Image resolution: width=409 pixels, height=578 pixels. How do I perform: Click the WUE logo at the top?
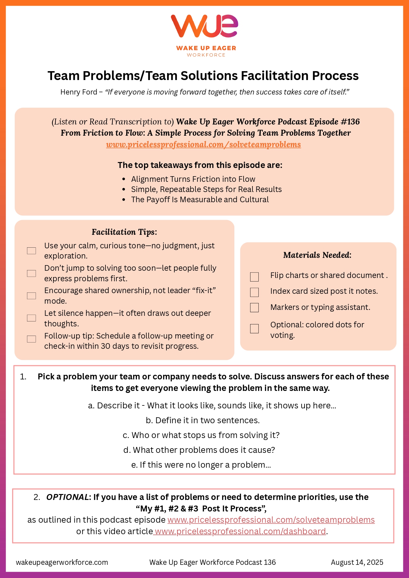click(x=204, y=26)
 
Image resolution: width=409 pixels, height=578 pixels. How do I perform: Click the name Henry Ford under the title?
click(x=79, y=92)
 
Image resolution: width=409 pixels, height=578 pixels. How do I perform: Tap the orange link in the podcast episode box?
click(x=203, y=145)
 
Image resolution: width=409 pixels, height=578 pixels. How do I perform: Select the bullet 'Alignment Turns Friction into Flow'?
click(x=193, y=179)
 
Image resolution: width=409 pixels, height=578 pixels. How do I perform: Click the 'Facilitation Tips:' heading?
click(x=124, y=232)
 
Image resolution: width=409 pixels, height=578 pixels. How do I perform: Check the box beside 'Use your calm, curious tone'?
click(x=32, y=251)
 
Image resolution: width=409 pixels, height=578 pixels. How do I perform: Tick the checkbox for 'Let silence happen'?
click(x=32, y=318)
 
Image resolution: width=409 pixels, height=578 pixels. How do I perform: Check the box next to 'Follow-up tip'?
click(x=32, y=339)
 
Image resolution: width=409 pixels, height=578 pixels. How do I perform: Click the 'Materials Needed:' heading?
click(x=317, y=255)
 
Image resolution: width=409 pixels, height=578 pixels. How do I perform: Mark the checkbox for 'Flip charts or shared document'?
click(x=254, y=277)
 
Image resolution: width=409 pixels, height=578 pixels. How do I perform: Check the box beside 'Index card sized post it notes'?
click(x=254, y=292)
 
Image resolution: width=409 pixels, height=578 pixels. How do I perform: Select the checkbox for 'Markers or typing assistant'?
click(x=254, y=308)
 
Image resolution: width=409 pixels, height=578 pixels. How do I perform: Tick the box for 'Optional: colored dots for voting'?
click(x=254, y=329)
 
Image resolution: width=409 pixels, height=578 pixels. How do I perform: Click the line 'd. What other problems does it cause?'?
click(x=199, y=450)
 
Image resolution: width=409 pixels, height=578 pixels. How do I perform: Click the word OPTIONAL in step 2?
click(x=68, y=497)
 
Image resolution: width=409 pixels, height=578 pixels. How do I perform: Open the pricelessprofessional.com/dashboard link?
click(x=240, y=532)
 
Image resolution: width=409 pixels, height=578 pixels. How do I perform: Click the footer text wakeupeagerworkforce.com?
click(x=62, y=563)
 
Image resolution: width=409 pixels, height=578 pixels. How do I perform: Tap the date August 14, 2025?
click(x=357, y=563)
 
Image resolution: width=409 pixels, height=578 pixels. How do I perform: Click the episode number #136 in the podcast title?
click(x=350, y=122)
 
